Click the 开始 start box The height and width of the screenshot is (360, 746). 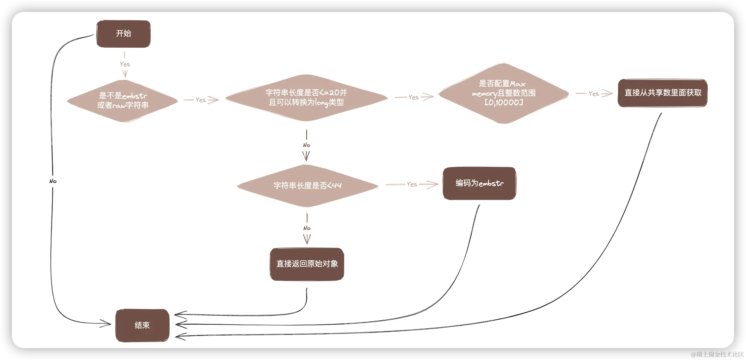tap(123, 34)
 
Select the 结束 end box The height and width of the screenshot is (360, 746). tap(142, 325)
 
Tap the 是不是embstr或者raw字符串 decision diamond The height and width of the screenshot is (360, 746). tap(123, 101)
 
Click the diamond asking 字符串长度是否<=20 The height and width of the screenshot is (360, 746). tap(306, 98)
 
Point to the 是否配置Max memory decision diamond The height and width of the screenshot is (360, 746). tap(503, 93)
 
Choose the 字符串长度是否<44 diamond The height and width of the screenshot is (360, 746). tap(307, 186)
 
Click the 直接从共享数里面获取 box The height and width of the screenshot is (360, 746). tap(662, 93)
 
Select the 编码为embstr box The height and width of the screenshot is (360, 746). tap(479, 183)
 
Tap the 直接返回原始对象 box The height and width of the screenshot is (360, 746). tap(307, 264)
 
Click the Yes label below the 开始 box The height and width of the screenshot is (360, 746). tap(125, 64)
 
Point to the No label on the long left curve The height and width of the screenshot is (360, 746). tap(53, 181)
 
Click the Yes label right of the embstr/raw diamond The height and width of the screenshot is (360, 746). tap(201, 100)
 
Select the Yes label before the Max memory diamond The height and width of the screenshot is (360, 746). tap(413, 97)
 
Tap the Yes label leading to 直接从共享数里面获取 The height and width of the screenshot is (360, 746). tap(594, 94)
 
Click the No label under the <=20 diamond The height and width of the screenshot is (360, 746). tap(307, 145)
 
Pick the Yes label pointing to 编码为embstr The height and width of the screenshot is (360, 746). tap(412, 184)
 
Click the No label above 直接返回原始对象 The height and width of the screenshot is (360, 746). tap(307, 228)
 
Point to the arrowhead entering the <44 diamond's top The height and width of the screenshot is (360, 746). tap(307, 157)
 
